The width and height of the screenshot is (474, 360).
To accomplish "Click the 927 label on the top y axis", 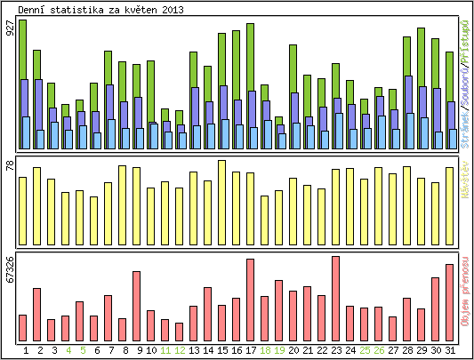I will [10, 28].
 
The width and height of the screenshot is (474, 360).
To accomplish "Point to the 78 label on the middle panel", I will [10, 165].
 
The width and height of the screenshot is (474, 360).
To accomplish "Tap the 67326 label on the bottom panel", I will [10, 270].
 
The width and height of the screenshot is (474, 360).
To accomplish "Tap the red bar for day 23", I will [335, 298].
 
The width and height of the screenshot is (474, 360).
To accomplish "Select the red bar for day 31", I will [449, 302].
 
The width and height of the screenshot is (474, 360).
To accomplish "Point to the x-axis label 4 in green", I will [68, 350].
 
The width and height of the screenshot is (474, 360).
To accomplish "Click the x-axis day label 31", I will [450, 350].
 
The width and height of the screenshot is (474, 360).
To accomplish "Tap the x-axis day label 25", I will [365, 350].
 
